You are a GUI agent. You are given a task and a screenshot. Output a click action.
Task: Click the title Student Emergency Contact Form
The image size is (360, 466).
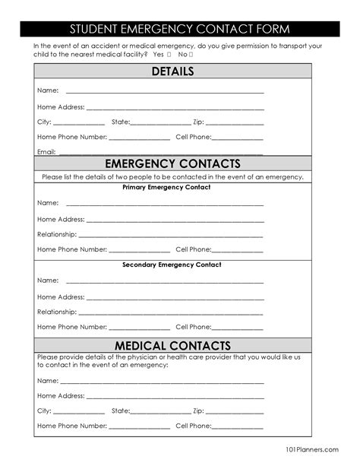pos(180,30)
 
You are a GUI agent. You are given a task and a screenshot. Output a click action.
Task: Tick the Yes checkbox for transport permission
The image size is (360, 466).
pos(168,55)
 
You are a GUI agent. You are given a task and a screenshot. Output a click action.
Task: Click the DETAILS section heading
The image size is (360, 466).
pos(172,71)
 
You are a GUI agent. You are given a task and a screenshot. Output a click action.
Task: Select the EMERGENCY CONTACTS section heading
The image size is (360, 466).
pos(172,163)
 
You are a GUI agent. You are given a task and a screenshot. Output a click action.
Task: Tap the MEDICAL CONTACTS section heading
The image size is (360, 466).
pos(172,347)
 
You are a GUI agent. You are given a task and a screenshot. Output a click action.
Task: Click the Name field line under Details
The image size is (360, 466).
pos(164,91)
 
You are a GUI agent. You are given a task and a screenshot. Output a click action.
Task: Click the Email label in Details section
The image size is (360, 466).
pos(46,152)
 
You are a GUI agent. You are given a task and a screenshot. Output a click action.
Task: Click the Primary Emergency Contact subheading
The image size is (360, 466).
pos(166,187)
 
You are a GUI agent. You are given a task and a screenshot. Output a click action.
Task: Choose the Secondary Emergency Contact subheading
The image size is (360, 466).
pos(172,265)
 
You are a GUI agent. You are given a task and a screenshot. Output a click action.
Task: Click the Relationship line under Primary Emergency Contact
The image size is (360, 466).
pos(171,235)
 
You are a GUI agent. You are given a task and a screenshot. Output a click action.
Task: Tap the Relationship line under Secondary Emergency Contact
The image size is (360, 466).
pos(171,312)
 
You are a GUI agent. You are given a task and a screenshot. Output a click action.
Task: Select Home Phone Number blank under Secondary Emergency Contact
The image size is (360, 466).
pos(139,328)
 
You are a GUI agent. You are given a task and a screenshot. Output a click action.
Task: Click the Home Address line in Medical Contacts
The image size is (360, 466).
pos(174,396)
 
